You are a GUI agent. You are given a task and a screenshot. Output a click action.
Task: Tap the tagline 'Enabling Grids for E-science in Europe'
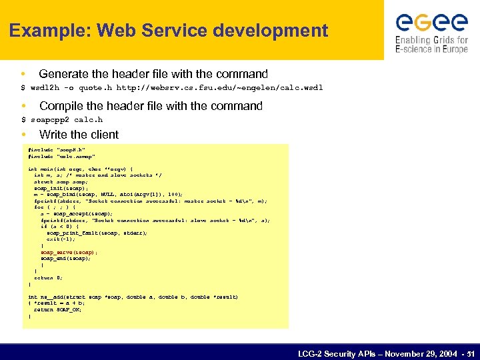point(431,45)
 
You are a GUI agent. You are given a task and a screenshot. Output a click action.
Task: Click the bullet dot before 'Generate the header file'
point(23,74)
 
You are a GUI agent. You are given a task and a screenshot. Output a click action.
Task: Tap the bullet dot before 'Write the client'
point(23,135)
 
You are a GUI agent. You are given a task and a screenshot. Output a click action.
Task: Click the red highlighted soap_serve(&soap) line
point(69,253)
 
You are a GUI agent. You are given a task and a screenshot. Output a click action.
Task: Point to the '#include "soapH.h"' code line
point(57,150)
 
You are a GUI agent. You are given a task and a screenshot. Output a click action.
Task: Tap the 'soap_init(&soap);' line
point(61,188)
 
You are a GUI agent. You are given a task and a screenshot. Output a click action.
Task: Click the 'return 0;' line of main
point(47,277)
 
